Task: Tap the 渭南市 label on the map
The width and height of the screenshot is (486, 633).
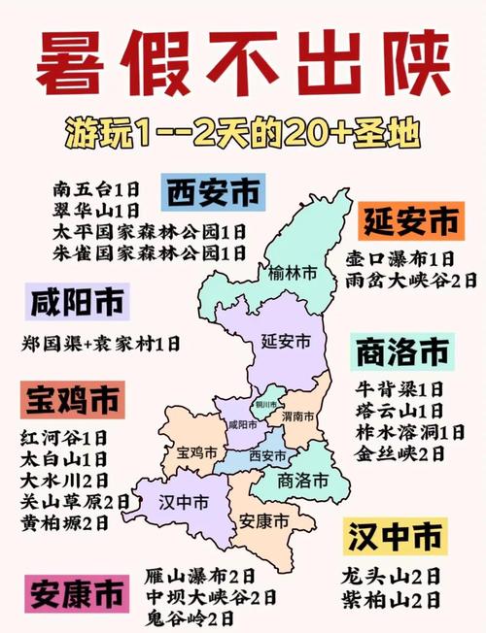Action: click(297, 416)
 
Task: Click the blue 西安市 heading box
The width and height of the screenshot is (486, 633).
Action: click(213, 194)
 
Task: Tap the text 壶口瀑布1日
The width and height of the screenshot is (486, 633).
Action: click(399, 259)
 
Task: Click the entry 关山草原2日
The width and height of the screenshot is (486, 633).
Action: click(75, 501)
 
